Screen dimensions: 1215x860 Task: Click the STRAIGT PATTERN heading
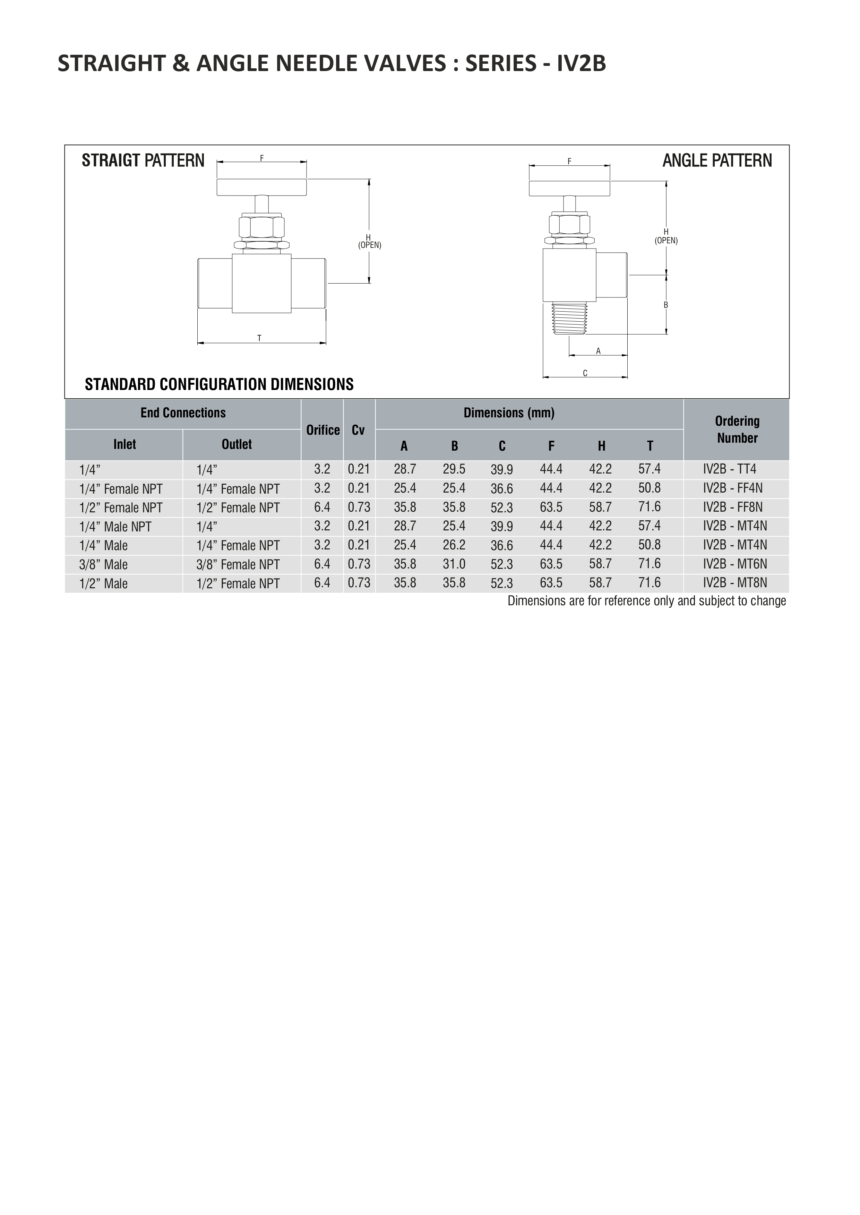point(143,160)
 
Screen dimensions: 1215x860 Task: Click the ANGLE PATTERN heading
point(717,160)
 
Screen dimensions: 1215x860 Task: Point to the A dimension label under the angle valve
point(599,351)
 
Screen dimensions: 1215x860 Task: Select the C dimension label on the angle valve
point(585,373)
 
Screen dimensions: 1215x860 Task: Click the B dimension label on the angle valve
point(666,305)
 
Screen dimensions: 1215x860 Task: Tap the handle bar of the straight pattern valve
point(261,187)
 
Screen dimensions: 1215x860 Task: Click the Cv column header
point(359,430)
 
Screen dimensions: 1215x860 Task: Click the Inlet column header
point(124,445)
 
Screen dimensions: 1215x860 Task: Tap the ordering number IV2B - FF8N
point(733,507)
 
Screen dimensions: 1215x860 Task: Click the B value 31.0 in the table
point(454,564)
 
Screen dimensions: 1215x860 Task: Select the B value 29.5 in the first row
point(454,469)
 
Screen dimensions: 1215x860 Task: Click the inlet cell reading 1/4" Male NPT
point(115,527)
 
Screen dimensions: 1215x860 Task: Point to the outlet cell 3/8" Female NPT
point(238,564)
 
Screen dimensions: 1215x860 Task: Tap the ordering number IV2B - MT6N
point(735,564)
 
